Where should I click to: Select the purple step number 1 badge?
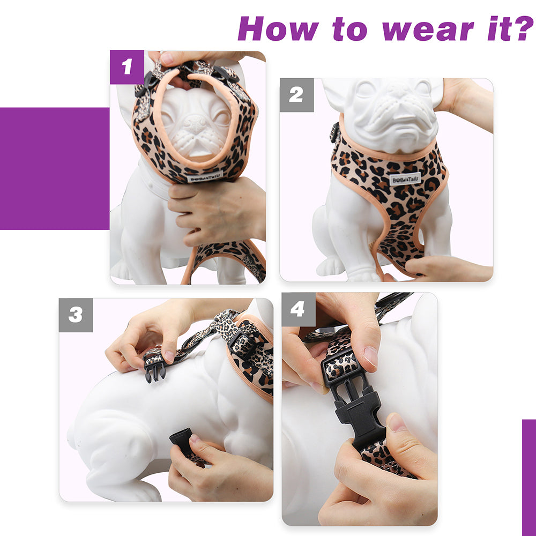coord(127,67)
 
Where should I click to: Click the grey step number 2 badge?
coord(296,95)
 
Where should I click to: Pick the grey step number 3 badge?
coord(76,315)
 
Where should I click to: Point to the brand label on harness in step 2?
coord(405,179)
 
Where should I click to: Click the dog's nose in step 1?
coord(195,121)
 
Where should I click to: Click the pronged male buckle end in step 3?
coord(155,370)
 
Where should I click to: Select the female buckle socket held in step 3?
coord(183,441)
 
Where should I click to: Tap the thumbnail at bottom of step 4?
coord(397,422)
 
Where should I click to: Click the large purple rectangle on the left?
coord(55,168)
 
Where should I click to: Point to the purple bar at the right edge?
coord(529,478)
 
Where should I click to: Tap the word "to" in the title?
coord(349,29)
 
